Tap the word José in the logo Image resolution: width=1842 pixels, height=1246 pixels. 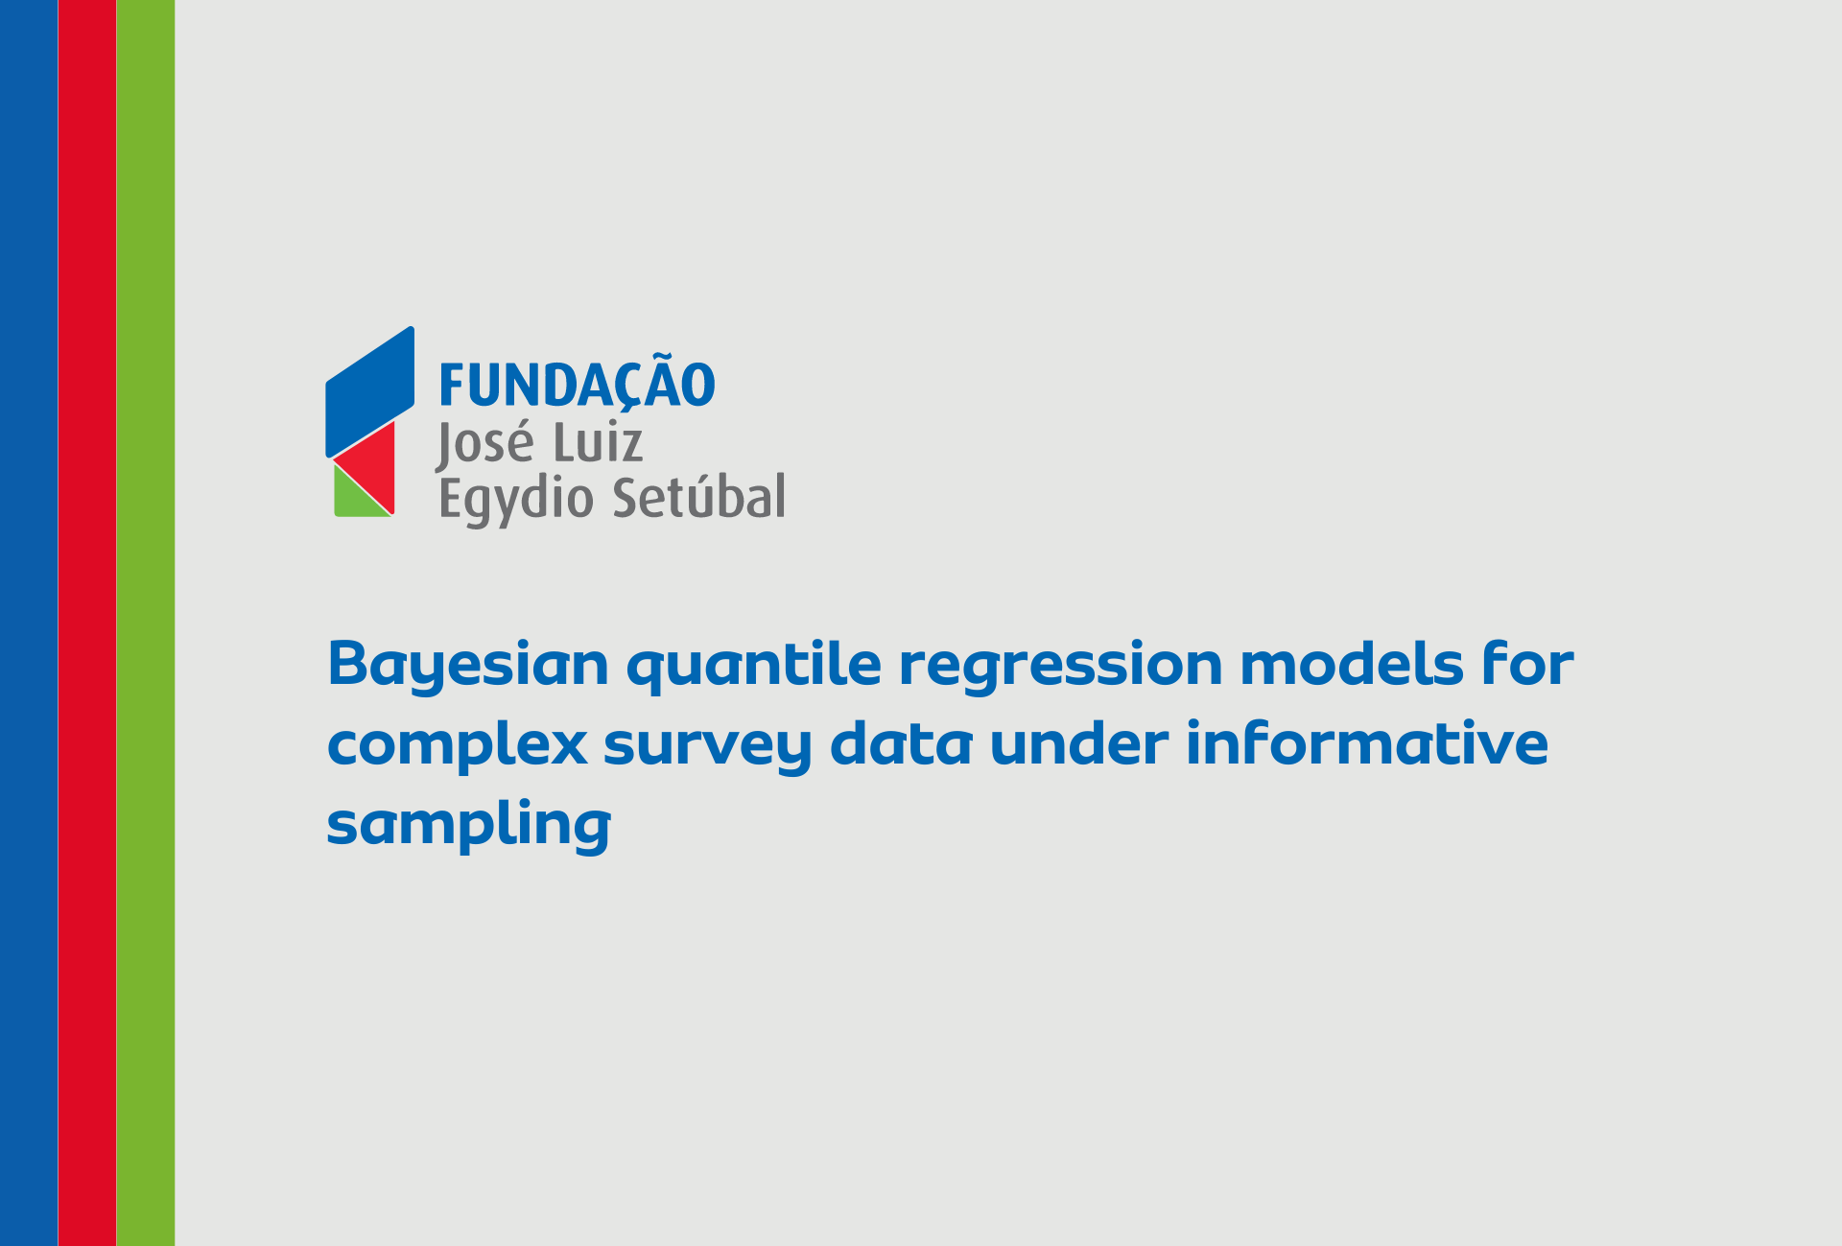pos(484,444)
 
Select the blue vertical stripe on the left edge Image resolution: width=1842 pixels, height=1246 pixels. pos(29,623)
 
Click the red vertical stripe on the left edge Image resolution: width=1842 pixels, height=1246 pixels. pos(87,623)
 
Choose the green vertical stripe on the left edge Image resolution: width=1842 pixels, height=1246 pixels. pos(146,623)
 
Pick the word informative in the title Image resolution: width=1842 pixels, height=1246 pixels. pos(1367,743)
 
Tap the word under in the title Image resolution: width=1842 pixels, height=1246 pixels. pos(1079,743)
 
